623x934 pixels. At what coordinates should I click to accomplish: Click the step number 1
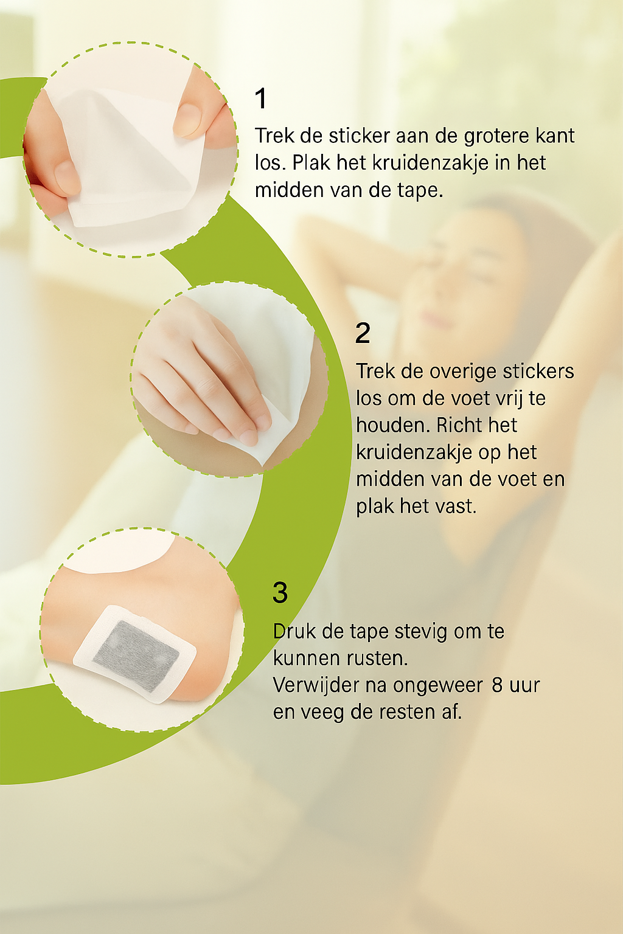(261, 99)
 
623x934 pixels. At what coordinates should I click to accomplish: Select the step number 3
(280, 592)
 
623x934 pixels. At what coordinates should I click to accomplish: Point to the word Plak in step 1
(310, 162)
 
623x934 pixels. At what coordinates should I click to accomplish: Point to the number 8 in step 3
(496, 685)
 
